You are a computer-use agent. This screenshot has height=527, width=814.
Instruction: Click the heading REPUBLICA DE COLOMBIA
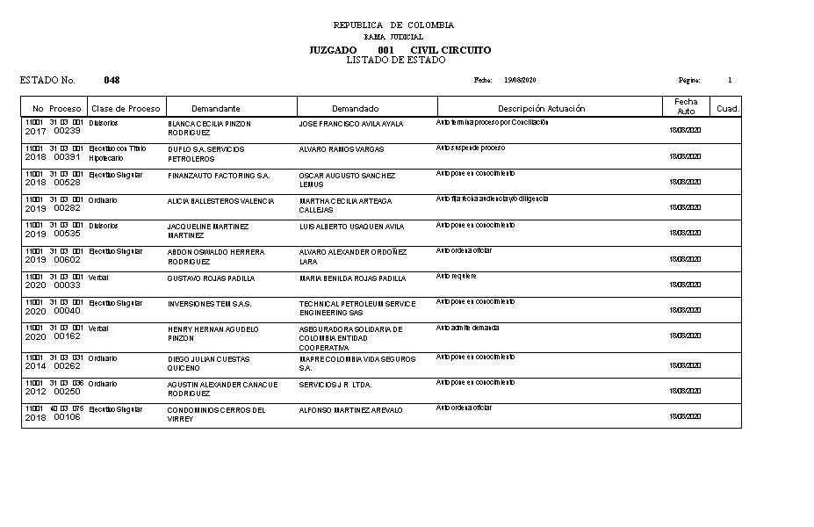click(393, 25)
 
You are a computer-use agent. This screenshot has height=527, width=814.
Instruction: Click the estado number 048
click(112, 80)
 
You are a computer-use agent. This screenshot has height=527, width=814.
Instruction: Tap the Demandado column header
click(355, 108)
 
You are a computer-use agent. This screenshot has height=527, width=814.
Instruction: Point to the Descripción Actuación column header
click(541, 108)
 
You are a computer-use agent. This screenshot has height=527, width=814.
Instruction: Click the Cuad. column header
click(728, 109)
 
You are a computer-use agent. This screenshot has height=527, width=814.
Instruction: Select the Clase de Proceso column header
click(126, 108)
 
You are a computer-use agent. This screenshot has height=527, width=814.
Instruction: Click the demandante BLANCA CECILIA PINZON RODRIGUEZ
click(209, 128)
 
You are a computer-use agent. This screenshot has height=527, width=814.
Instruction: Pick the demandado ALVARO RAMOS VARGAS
click(341, 149)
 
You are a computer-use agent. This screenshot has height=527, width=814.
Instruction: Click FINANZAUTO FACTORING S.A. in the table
click(219, 176)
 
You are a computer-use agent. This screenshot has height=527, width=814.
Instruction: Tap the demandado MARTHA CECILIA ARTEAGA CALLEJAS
click(345, 206)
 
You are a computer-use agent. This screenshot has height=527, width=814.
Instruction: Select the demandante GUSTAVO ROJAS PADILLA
click(211, 278)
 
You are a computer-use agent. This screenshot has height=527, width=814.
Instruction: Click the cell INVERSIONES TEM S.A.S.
click(209, 304)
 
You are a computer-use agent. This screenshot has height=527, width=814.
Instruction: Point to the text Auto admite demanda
click(467, 327)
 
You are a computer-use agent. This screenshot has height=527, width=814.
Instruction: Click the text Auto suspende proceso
click(470, 148)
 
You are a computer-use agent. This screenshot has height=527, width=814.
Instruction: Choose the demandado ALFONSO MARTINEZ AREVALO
click(350, 410)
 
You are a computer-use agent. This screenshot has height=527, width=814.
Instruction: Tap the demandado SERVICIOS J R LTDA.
click(335, 385)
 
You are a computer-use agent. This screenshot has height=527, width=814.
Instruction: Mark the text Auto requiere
click(457, 275)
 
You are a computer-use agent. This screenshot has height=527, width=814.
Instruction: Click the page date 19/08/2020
click(520, 80)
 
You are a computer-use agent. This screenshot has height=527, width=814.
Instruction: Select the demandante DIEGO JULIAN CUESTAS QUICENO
click(208, 364)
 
